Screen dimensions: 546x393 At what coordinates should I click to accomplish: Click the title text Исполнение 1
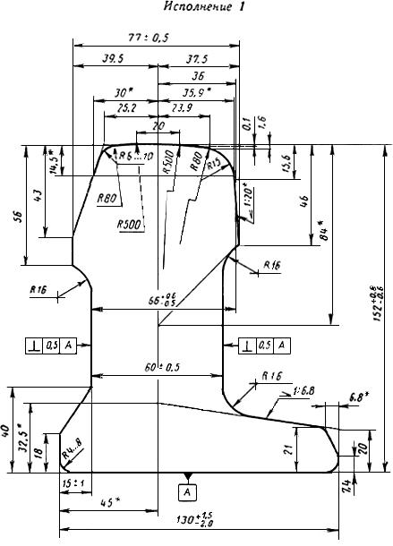pos(195,8)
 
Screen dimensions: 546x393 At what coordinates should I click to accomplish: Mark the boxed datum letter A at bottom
pos(187,491)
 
